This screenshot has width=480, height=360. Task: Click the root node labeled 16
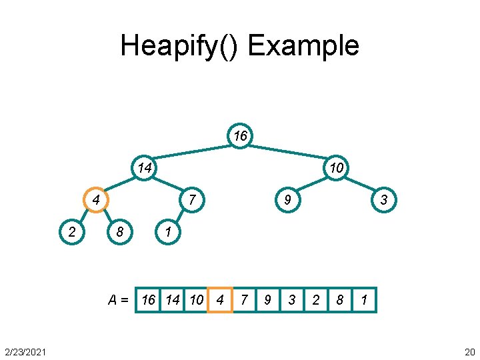(240, 137)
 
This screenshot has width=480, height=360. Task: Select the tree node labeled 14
(144, 167)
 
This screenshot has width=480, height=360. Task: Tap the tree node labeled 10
(336, 167)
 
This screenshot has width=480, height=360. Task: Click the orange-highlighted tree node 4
(96, 199)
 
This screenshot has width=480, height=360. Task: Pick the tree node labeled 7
(192, 199)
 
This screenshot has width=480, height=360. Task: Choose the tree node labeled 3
(384, 199)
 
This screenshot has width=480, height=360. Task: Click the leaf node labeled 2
(71, 231)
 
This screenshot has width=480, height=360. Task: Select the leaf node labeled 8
(120, 231)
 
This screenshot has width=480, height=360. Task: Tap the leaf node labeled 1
(168, 231)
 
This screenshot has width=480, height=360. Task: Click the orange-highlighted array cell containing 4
(220, 300)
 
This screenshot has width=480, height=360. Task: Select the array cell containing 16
(148, 300)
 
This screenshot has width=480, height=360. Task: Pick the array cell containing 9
(267, 300)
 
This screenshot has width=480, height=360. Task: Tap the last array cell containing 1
(364, 300)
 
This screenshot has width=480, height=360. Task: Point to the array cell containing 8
(340, 300)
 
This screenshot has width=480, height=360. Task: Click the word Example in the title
(303, 45)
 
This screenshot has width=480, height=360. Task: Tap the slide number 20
(469, 351)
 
